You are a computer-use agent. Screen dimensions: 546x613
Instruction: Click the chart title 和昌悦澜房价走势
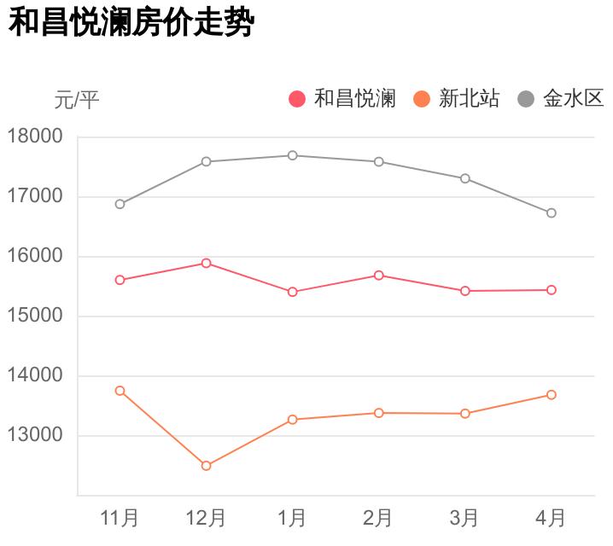[x=131, y=23]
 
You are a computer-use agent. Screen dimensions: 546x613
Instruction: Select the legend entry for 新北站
[x=458, y=99]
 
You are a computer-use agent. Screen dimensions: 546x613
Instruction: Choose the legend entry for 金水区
[x=563, y=99]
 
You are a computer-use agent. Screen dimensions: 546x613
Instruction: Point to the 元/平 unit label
[x=77, y=101]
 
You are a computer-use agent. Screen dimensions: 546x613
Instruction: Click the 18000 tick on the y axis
[x=35, y=136]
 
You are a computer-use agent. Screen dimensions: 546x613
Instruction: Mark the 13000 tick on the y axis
[x=35, y=435]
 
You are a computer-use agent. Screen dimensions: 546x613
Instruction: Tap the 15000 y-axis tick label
[x=35, y=316]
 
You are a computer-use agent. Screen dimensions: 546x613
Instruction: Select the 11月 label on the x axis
[x=120, y=517]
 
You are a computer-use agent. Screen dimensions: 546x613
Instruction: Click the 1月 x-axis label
[x=292, y=517]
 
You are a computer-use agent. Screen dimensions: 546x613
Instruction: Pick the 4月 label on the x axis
[x=551, y=517]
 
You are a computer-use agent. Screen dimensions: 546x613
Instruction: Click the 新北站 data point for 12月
[x=206, y=466]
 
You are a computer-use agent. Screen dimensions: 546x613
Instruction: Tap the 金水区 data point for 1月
[x=292, y=155]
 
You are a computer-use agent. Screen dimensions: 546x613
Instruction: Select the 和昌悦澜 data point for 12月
[x=206, y=263]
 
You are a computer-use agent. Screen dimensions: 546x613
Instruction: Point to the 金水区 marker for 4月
[x=552, y=213]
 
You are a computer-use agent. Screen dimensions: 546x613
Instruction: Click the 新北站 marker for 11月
[x=120, y=391]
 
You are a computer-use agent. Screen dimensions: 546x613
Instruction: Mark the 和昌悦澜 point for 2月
[x=378, y=276]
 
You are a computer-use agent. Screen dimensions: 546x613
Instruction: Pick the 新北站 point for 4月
[x=552, y=395]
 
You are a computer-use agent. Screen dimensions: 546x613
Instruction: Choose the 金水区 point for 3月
[x=465, y=178]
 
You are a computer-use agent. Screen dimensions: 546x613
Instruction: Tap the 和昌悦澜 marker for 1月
[x=292, y=292]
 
